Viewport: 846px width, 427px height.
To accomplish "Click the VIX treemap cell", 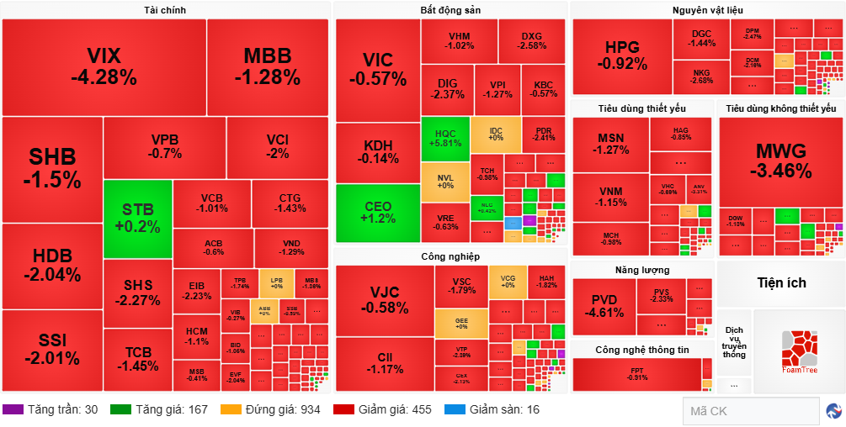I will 104,66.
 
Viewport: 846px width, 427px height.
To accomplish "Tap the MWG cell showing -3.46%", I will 780,161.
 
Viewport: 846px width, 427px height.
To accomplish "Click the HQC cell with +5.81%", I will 445,139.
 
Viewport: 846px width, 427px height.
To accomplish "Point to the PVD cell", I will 604,307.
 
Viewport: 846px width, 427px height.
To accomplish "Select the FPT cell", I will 636,374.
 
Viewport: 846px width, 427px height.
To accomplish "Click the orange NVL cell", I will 445,181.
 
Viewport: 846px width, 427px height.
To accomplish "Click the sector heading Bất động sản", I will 450,10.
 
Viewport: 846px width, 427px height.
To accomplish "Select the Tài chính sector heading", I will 165,10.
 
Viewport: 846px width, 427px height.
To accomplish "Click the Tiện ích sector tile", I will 780,282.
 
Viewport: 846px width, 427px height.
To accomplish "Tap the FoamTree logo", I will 799,351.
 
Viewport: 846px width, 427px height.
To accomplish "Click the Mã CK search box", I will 750,411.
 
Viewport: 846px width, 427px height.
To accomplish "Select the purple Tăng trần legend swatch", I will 13,410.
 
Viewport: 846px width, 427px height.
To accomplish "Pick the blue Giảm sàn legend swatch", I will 454,410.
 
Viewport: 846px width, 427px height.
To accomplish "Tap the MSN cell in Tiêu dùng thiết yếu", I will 611,144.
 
